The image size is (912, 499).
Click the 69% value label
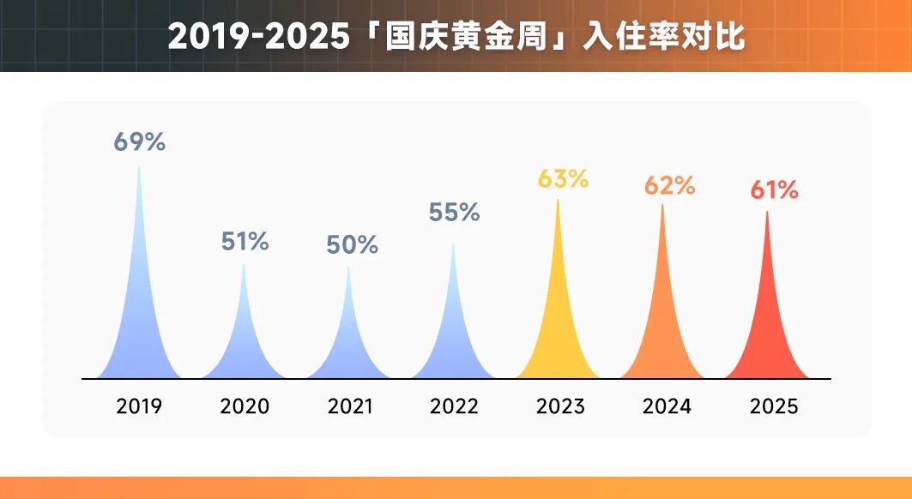pyautogui.click(x=139, y=142)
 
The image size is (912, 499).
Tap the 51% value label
pyautogui.click(x=245, y=242)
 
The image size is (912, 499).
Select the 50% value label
pyautogui.click(x=352, y=244)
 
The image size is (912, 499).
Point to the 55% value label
pyautogui.click(x=454, y=213)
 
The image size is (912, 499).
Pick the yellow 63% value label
pyautogui.click(x=563, y=179)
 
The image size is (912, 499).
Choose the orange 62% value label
pyautogui.click(x=668, y=184)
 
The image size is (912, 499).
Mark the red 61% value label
pyautogui.click(x=774, y=190)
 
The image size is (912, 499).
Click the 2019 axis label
pyautogui.click(x=139, y=406)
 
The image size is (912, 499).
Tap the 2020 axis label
pyautogui.click(x=245, y=406)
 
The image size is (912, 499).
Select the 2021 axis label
pyautogui.click(x=350, y=406)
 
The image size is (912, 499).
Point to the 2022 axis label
pyautogui.click(x=455, y=406)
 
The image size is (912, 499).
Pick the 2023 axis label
pyautogui.click(x=560, y=406)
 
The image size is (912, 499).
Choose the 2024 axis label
pyautogui.click(x=667, y=406)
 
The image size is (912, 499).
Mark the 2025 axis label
pyautogui.click(x=773, y=406)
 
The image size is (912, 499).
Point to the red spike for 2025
pyautogui.click(x=767, y=334)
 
